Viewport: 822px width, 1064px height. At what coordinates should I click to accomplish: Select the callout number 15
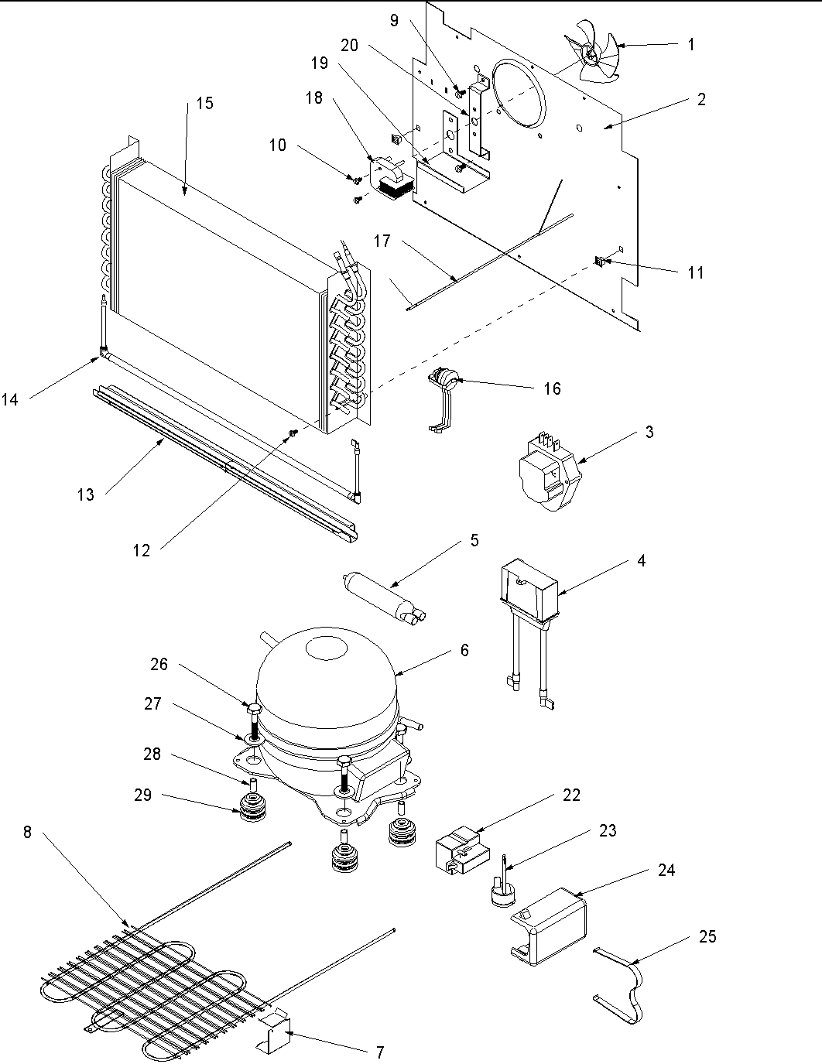tap(204, 104)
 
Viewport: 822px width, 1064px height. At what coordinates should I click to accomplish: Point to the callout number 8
tap(28, 833)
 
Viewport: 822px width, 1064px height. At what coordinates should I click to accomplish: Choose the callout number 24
tap(666, 871)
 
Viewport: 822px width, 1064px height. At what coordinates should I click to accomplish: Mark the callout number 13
tap(85, 494)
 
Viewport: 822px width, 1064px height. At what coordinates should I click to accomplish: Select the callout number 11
tap(696, 272)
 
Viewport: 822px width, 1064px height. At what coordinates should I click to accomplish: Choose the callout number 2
tap(700, 99)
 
